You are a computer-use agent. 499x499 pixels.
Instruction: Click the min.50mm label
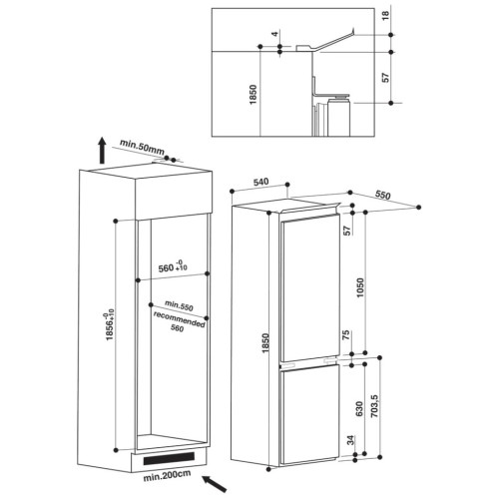click(142, 147)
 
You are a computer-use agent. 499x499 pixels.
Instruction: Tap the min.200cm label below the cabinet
click(167, 475)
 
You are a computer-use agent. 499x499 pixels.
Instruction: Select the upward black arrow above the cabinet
click(102, 151)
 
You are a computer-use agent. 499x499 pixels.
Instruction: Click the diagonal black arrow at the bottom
click(215, 484)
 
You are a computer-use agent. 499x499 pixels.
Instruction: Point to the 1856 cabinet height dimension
click(110, 325)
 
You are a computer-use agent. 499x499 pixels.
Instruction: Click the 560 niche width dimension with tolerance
click(173, 266)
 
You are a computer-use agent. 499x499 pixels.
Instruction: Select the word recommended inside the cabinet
click(179, 319)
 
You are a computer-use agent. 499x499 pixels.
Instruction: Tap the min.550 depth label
click(179, 305)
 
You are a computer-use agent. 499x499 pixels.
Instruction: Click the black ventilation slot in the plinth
click(169, 458)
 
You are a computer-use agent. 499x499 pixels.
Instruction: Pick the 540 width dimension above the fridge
click(261, 183)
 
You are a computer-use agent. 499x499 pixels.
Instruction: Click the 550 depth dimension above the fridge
click(382, 195)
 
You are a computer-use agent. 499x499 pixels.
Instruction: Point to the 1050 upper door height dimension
click(360, 287)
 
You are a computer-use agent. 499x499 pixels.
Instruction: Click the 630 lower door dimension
click(359, 409)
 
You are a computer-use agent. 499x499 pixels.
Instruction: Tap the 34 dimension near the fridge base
click(351, 440)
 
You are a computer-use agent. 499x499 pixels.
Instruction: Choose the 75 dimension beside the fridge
click(346, 334)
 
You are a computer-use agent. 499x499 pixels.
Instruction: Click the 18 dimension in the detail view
click(385, 15)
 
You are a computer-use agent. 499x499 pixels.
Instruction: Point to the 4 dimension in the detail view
click(274, 34)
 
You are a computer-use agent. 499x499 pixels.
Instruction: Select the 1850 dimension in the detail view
click(253, 95)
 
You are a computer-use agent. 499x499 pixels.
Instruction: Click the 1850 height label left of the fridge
click(265, 343)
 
